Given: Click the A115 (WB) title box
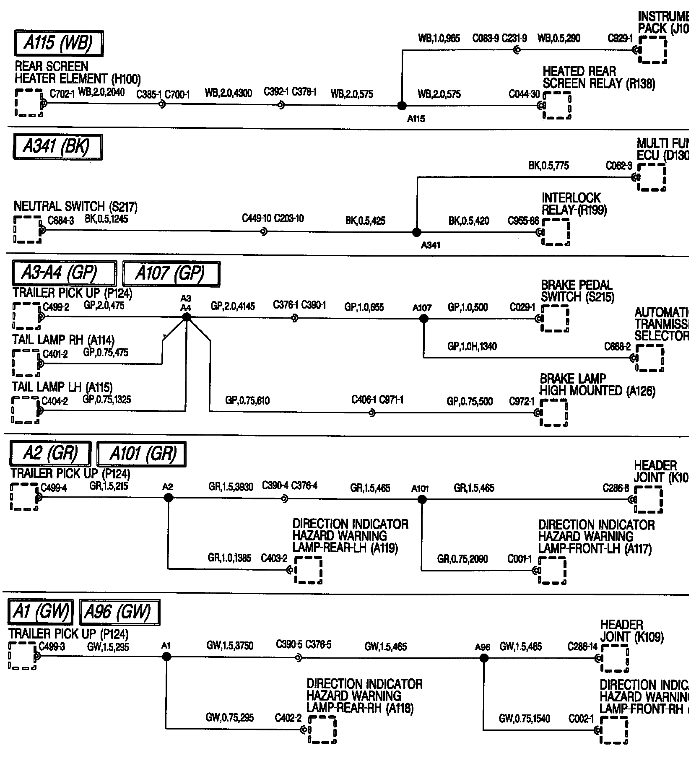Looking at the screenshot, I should [59, 43].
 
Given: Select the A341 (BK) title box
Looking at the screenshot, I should [57, 147].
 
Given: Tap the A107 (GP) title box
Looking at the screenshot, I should [171, 274].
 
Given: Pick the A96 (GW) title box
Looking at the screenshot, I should [119, 612].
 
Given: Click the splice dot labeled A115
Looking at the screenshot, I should [402, 106].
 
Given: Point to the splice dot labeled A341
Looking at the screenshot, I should [416, 232].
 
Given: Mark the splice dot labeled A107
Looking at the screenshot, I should [423, 319].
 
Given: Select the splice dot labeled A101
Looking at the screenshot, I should [422, 499].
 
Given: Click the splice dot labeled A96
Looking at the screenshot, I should [484, 658].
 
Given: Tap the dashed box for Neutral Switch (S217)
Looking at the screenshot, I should [28, 230].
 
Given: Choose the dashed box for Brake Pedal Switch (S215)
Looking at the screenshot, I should [554, 318].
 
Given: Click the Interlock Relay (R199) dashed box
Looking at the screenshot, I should [556, 232].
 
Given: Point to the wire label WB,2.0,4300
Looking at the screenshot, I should [228, 93].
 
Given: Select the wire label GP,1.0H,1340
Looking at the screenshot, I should [472, 346].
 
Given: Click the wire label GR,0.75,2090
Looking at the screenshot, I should [462, 559].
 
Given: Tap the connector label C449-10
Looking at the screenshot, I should [257, 218].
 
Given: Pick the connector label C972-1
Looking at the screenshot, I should [522, 402].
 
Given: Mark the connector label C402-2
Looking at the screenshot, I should [288, 718].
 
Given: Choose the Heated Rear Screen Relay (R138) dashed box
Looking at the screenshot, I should [557, 106].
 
